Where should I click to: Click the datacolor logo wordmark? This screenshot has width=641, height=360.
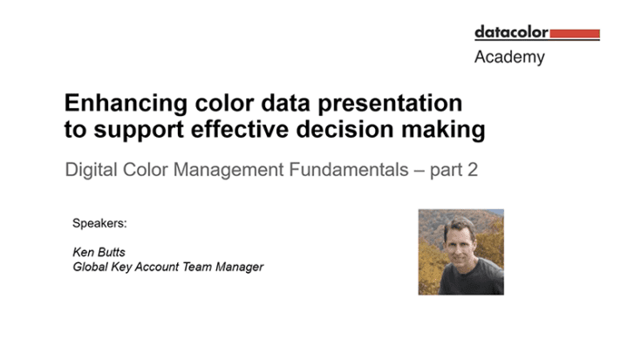[x=512, y=32]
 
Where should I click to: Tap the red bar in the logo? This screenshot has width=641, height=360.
[x=575, y=34]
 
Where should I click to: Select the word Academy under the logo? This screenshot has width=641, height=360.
[x=509, y=58]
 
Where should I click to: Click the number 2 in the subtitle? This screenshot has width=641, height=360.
[x=473, y=169]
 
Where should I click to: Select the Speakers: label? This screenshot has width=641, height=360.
[x=99, y=224]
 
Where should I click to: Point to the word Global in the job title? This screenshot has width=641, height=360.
[x=90, y=267]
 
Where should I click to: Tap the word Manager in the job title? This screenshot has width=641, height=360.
[x=239, y=267]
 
